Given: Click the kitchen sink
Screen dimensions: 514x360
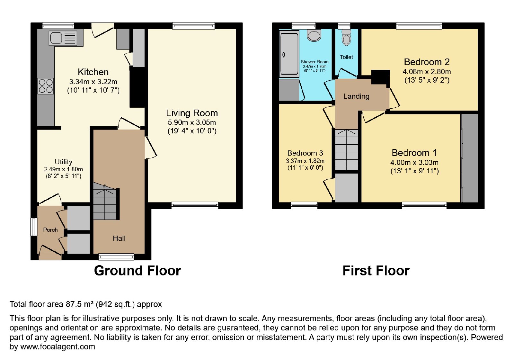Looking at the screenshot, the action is (x=63, y=38).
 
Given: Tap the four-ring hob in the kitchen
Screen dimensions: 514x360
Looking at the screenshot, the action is (x=46, y=86).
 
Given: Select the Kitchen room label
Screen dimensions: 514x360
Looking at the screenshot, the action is (x=93, y=72).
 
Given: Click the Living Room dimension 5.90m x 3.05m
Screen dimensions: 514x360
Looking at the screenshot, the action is (x=192, y=122).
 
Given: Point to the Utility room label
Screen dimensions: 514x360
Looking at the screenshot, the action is (x=64, y=162).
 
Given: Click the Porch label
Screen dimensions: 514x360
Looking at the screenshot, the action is (x=50, y=230).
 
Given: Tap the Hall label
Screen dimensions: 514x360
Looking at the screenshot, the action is (x=119, y=238).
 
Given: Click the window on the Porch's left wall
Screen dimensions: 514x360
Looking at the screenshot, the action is (x=34, y=227).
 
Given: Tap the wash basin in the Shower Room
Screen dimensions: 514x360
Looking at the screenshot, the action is (x=314, y=36).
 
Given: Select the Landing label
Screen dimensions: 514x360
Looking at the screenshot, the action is (x=356, y=96).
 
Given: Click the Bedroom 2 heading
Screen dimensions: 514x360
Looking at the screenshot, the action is (x=427, y=62).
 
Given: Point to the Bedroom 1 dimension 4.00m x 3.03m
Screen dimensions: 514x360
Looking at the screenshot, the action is (x=414, y=163).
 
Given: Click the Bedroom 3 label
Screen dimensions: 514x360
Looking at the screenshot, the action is (x=305, y=153).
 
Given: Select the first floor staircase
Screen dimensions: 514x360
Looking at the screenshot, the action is (x=347, y=150).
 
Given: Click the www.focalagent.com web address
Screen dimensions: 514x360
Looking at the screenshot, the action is (x=58, y=346).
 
